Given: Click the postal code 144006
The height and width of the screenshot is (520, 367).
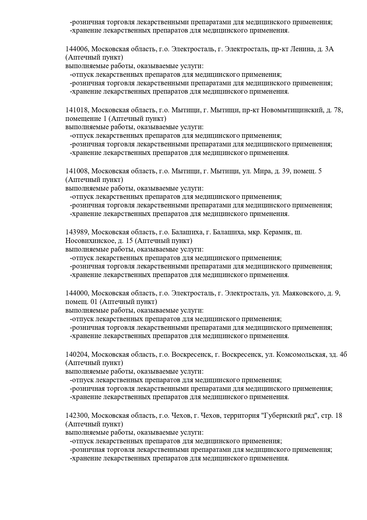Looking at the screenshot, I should coord(77,49).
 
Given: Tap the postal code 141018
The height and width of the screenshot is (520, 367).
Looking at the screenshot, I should coord(77,110).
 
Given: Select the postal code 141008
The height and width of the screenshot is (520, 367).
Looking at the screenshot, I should coord(77,171).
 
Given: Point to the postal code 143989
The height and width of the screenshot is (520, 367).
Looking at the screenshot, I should coord(77,232).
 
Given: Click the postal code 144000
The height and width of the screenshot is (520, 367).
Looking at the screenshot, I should coord(77,293).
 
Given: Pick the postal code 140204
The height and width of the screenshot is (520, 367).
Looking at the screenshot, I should coord(77,354).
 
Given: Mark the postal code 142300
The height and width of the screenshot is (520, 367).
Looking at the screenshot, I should coord(77,415).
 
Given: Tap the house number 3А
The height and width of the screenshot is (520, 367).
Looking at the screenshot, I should coord(329,49).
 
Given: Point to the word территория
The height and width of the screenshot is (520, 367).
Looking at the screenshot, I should coord(242,415).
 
